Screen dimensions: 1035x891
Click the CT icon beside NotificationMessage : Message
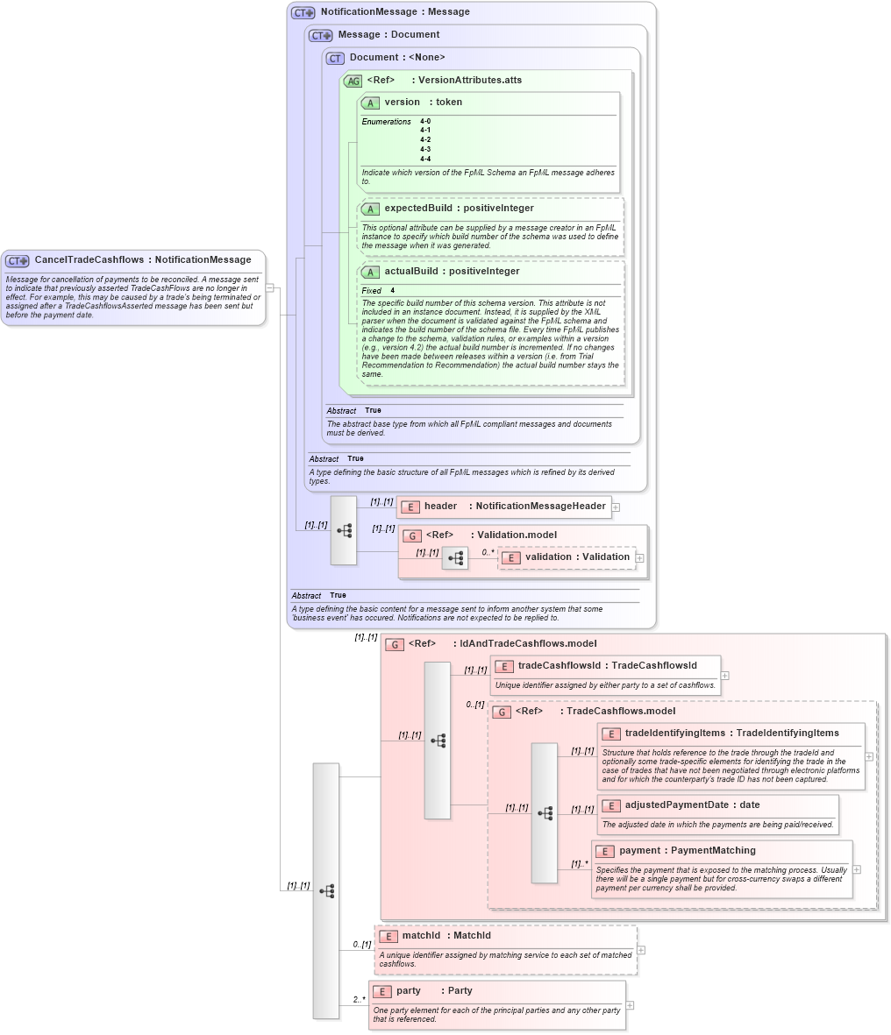303,12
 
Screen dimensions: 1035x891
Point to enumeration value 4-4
425,159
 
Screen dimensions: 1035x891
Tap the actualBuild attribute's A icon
370,272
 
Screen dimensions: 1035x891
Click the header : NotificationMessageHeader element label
514,507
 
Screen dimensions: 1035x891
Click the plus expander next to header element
616,507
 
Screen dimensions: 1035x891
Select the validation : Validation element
576,557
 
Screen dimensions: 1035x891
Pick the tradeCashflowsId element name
559,666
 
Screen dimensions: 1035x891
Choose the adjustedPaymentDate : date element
692,805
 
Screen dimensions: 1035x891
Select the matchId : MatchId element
446,936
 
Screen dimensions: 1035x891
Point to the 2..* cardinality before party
359,1000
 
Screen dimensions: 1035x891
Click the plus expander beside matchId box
641,950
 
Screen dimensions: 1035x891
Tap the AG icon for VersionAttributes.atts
353,81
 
